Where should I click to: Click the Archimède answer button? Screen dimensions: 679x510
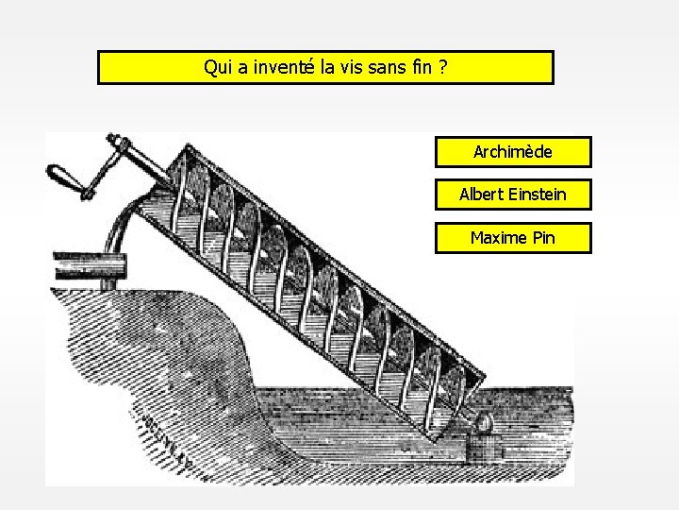pos(513,151)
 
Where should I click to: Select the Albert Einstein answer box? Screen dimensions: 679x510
pos(513,195)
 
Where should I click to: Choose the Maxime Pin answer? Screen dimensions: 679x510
pos(513,238)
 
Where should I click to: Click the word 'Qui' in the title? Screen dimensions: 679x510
pos(217,68)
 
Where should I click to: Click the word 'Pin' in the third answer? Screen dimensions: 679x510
pos(543,238)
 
